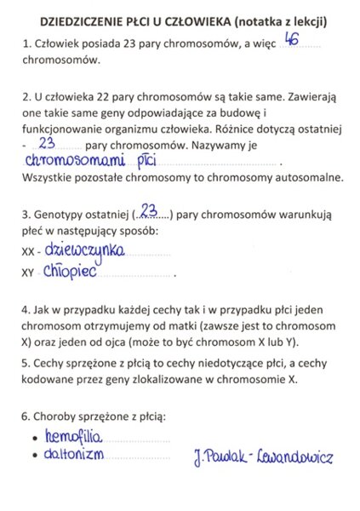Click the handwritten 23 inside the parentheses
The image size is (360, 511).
[x=150, y=210]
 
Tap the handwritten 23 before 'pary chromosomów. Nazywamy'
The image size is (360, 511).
[x=47, y=142]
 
